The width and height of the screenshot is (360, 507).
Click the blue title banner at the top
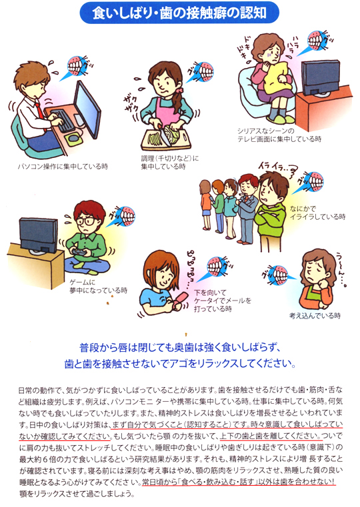(x=179, y=13)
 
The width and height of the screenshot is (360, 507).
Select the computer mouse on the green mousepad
(x=74, y=137)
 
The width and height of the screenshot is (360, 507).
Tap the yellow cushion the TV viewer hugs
(x=275, y=77)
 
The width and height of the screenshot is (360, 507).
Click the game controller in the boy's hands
(x=79, y=253)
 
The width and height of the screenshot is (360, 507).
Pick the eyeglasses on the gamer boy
(x=85, y=221)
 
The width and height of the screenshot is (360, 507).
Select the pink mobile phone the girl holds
(x=179, y=300)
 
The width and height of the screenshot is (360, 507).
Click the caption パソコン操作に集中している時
(x=63, y=167)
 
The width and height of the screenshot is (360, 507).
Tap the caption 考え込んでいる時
(x=315, y=316)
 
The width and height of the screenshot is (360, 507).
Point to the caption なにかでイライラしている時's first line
(x=303, y=209)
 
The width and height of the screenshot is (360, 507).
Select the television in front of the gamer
(x=39, y=235)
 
